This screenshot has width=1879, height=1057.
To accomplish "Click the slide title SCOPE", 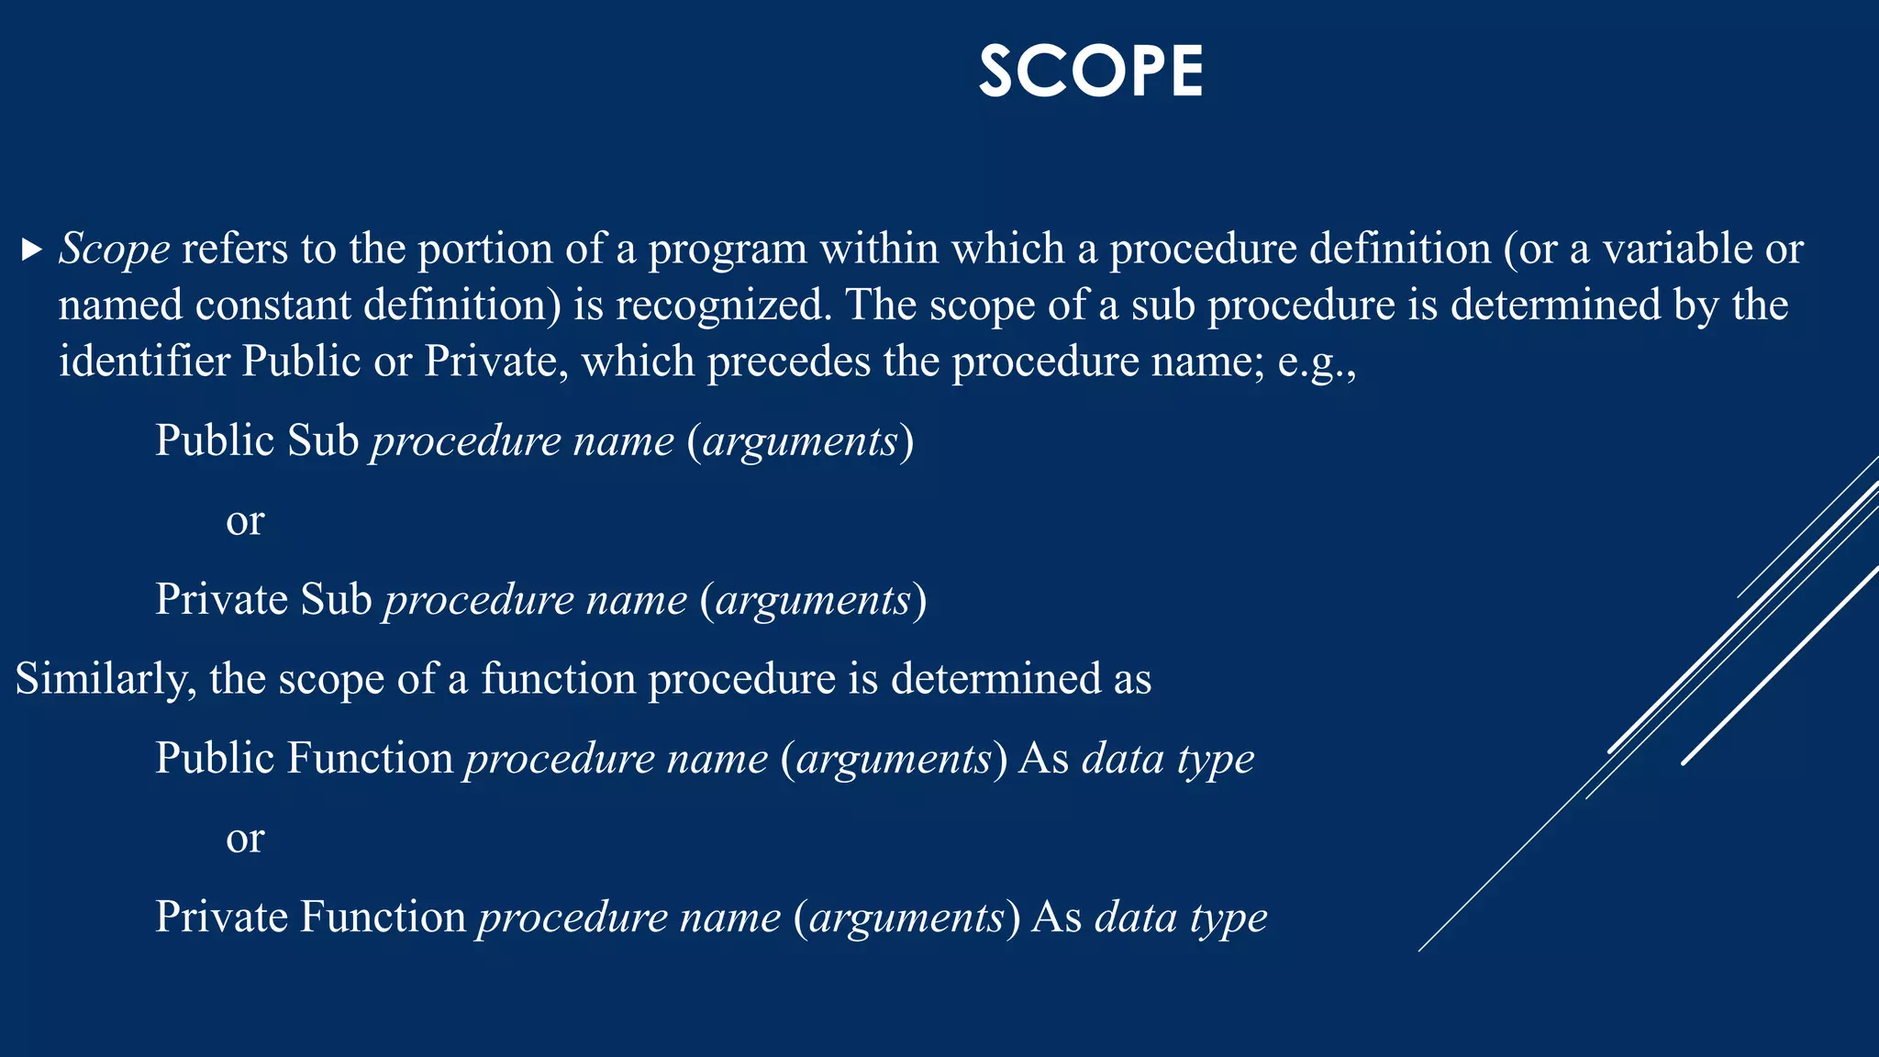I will click(x=1090, y=72).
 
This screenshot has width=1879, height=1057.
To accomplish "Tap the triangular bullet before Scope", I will click(x=31, y=250).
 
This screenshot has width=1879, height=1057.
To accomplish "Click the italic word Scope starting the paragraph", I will click(x=114, y=250).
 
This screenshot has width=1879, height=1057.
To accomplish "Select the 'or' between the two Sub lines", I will click(x=245, y=521).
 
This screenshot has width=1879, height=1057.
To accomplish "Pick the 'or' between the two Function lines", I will click(x=245, y=839).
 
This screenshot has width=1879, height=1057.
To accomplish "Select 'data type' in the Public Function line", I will click(x=1167, y=760).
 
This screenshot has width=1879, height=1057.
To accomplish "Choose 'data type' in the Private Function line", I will click(x=1181, y=918).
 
